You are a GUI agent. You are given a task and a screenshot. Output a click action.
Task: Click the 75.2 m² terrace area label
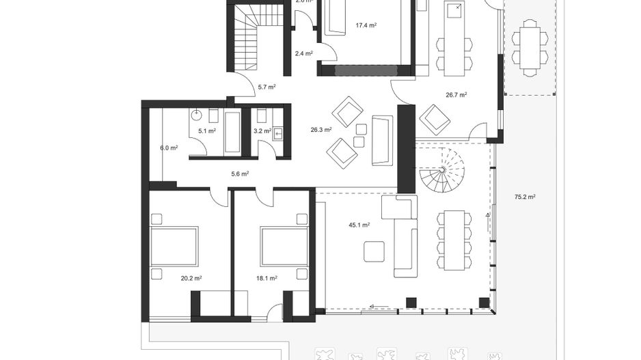click(525, 197)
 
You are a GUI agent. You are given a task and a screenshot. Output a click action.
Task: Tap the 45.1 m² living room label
click(359, 224)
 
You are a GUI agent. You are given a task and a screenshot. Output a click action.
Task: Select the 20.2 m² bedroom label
click(191, 278)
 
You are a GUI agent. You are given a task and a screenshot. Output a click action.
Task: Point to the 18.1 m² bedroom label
click(267, 278)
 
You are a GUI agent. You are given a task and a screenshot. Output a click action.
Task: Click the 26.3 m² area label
click(321, 129)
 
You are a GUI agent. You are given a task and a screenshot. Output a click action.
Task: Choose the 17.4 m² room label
click(366, 25)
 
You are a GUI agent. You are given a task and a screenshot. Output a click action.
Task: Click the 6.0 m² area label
click(169, 148)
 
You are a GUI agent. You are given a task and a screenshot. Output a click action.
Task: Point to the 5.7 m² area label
click(267, 87)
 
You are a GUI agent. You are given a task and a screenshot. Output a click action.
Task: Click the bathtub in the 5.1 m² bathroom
click(232, 131)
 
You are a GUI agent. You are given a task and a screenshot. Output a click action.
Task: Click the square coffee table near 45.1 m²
click(374, 251)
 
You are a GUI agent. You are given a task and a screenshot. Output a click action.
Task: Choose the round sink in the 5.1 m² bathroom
click(196, 115)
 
